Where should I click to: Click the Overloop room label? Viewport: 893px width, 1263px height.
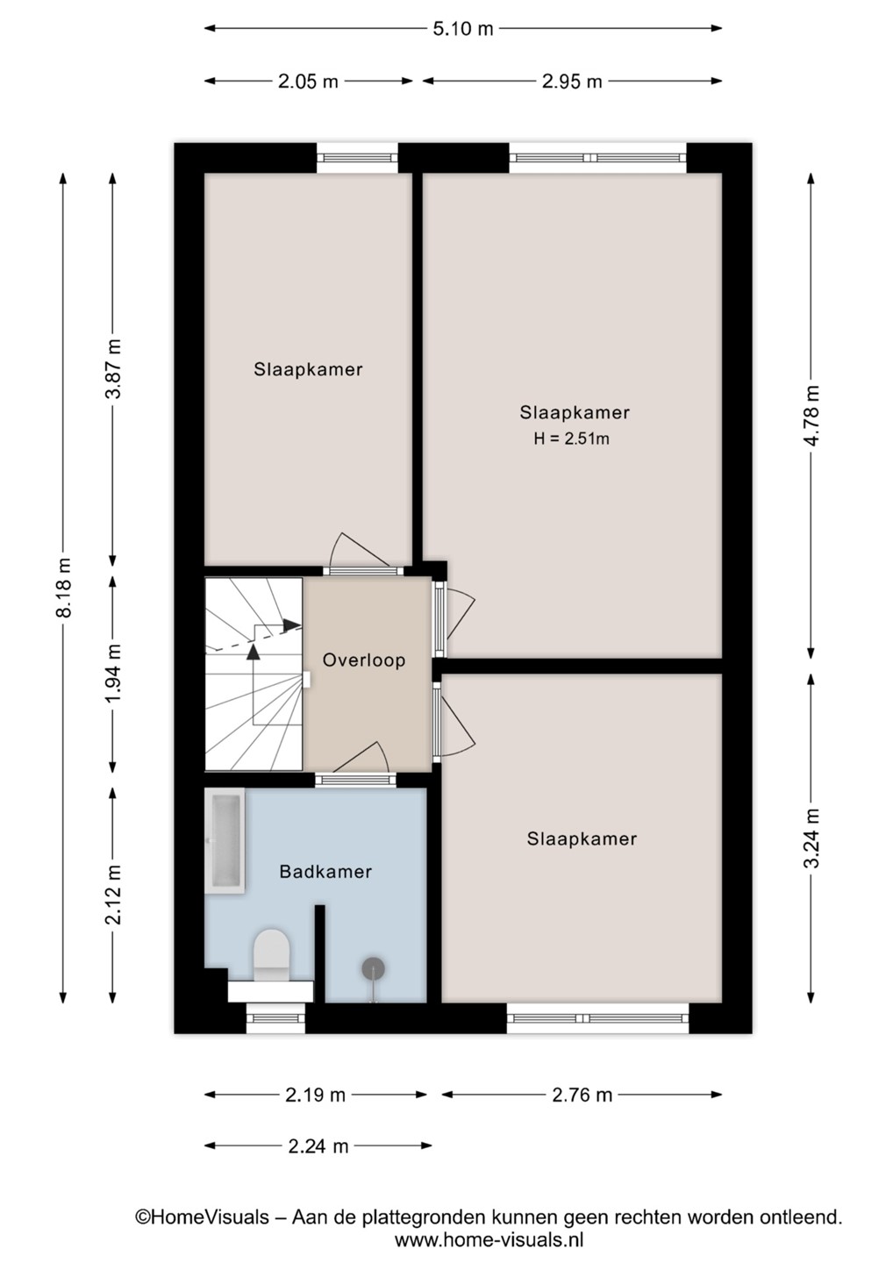click(364, 660)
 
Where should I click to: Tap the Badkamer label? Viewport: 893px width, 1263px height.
click(325, 872)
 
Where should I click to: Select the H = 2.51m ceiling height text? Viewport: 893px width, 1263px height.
click(572, 439)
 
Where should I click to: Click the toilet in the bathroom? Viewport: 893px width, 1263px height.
click(271, 958)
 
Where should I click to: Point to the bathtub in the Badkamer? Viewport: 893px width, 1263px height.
click(225, 840)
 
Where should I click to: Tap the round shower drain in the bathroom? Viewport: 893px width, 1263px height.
click(373, 968)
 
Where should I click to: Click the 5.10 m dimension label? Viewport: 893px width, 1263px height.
click(463, 29)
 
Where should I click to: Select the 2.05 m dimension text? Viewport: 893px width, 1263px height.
click(308, 82)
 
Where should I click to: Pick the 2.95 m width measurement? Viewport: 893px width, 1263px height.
click(572, 82)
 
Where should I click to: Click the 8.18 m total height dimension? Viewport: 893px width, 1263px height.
click(64, 588)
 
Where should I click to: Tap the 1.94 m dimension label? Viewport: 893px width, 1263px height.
click(113, 674)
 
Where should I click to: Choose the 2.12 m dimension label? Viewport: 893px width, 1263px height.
click(113, 895)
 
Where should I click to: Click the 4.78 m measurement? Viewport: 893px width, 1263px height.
click(811, 416)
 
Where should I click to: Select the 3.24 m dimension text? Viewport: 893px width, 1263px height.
click(811, 838)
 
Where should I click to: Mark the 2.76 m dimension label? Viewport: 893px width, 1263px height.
click(582, 1095)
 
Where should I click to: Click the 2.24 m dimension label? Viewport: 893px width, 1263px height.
click(318, 1146)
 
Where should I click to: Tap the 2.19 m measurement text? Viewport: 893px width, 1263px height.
click(315, 1095)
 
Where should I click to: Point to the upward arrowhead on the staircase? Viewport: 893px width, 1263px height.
click(254, 652)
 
